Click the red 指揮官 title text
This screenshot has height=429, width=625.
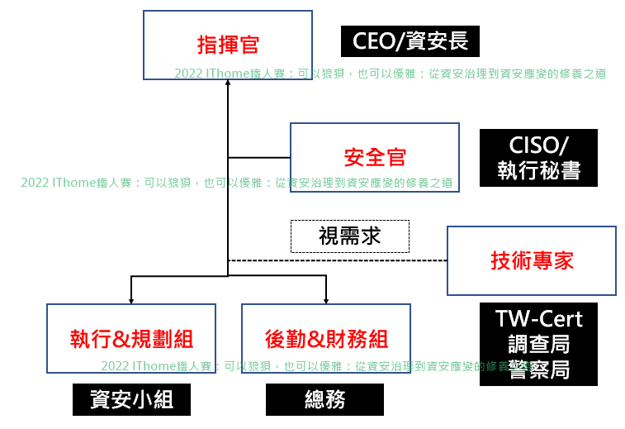[x=228, y=45]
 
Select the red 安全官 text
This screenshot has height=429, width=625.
[x=375, y=157]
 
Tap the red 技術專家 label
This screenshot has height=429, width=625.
[x=532, y=260]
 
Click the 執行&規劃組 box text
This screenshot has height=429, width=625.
[x=131, y=339]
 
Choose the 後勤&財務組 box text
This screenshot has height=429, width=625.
[x=326, y=339]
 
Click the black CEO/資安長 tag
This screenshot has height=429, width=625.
[x=410, y=41]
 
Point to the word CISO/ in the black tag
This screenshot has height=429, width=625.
[x=538, y=145]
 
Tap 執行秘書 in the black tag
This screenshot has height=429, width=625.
[x=538, y=170]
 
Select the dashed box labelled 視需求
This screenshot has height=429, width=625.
[x=350, y=236]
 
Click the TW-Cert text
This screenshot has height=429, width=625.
[x=538, y=319]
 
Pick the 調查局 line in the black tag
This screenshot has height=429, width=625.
[x=538, y=344]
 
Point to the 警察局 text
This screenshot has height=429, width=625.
[x=538, y=369]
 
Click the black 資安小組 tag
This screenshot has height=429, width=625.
[x=131, y=399]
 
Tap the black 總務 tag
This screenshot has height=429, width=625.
[x=324, y=399]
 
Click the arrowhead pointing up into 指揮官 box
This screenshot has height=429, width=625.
[x=228, y=82]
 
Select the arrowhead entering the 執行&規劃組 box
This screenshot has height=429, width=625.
[x=131, y=302]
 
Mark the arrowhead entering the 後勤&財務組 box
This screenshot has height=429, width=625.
[x=326, y=302]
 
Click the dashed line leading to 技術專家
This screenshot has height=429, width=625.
[x=338, y=260]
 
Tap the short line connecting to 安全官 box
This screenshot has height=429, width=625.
[x=259, y=158]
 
